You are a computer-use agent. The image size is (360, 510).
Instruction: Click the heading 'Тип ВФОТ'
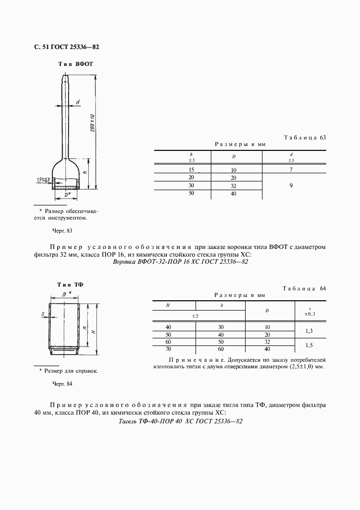[76, 64]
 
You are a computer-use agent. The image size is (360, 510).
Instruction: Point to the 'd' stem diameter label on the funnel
[78, 102]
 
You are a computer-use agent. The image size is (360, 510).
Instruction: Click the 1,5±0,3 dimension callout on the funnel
[44, 179]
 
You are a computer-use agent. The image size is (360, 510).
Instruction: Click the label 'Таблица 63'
[304, 137]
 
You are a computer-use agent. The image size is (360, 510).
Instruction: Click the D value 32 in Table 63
[233, 186]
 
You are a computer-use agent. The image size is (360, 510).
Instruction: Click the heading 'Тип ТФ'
[66, 285]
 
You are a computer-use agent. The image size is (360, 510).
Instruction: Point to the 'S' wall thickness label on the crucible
[42, 313]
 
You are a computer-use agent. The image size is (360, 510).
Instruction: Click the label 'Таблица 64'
[304, 288]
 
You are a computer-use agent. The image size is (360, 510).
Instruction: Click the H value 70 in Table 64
[168, 349]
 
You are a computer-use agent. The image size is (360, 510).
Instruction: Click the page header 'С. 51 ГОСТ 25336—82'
[63, 47]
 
